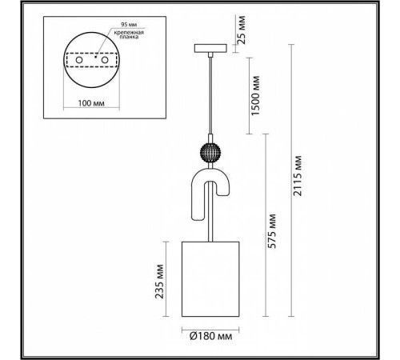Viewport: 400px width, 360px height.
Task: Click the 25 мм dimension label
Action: point(240,29)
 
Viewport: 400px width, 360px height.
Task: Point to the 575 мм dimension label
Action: point(272,231)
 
